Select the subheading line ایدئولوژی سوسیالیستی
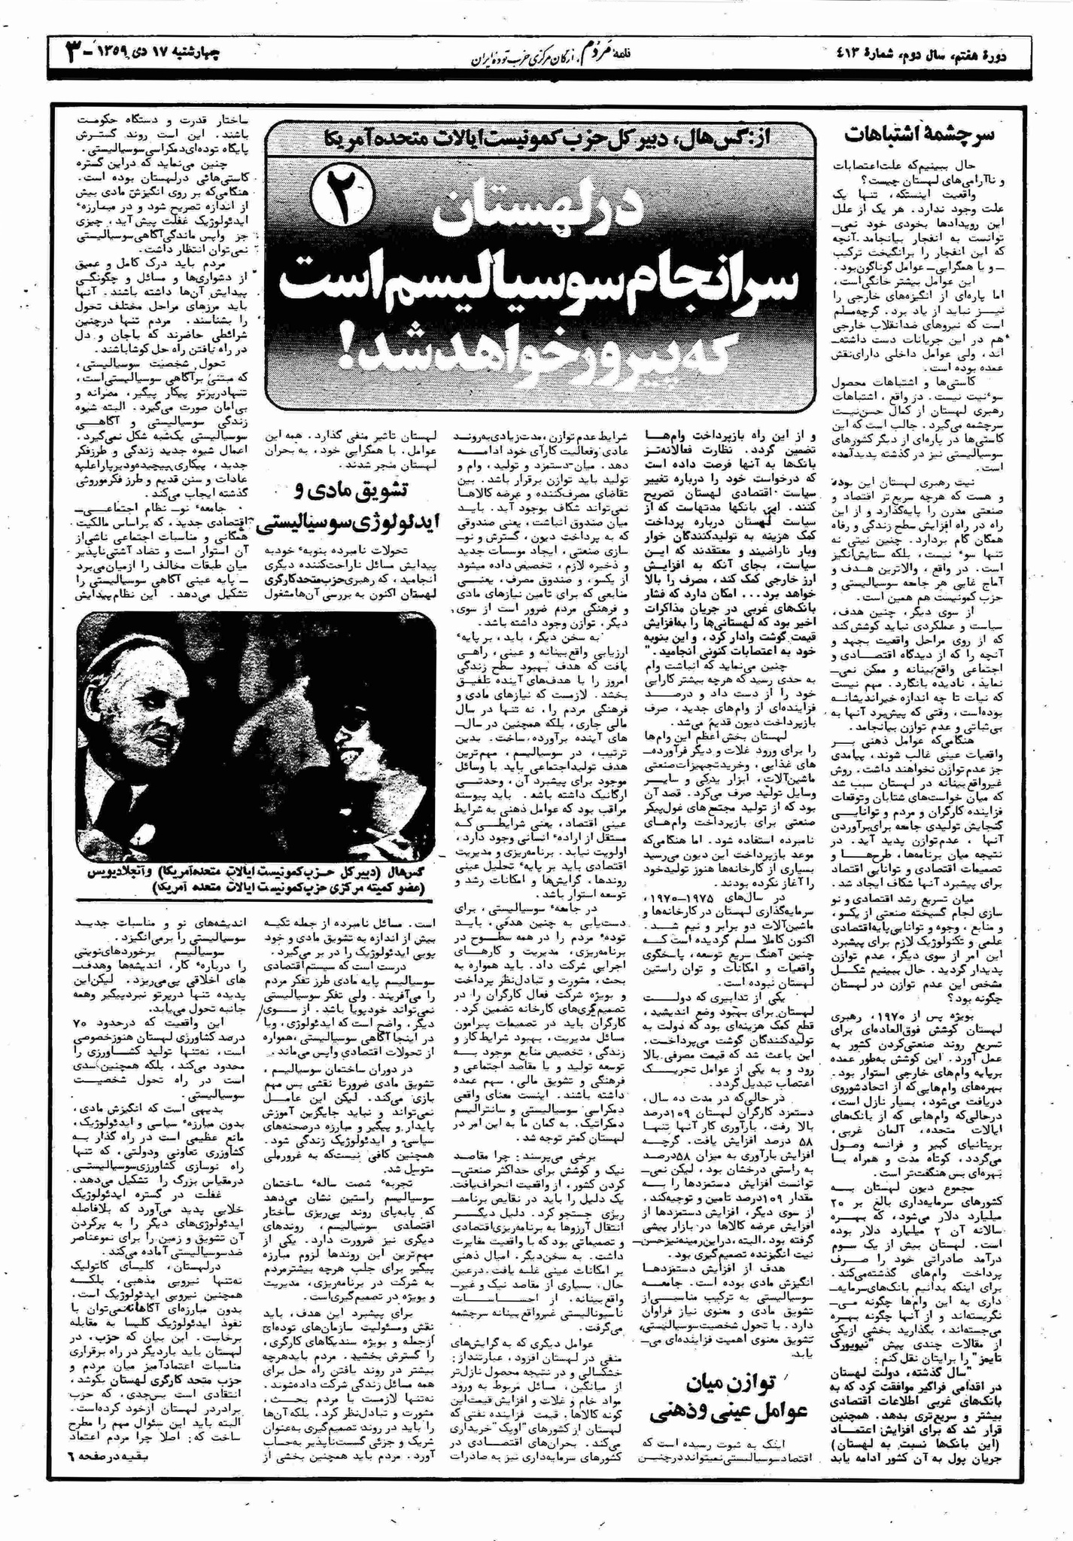click(350, 524)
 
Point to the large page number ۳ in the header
click(74, 54)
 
